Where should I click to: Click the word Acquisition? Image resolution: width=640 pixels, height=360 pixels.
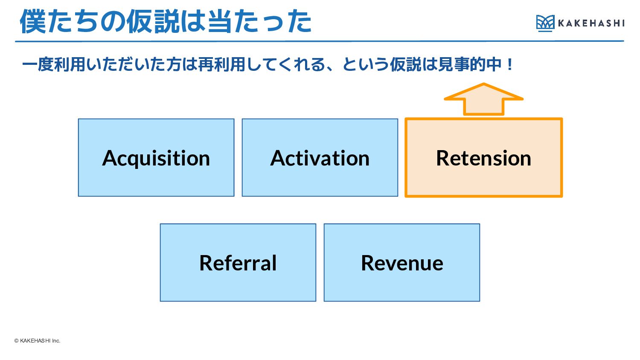[156, 159]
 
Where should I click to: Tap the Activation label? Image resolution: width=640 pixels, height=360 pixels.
[320, 158]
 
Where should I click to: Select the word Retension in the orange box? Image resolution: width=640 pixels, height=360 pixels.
[483, 158]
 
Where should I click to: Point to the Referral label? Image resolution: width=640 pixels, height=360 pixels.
[238, 263]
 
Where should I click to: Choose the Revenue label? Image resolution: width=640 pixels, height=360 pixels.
[402, 263]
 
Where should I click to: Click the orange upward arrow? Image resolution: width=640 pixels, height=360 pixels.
[483, 99]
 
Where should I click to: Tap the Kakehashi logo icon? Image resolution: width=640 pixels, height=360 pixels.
[545, 23]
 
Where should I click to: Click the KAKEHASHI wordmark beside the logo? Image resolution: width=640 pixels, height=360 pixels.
[591, 23]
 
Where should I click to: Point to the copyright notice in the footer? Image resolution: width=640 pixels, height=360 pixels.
[37, 340]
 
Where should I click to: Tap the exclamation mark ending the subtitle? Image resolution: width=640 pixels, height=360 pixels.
[509, 64]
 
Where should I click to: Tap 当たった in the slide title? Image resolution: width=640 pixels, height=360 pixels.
[260, 21]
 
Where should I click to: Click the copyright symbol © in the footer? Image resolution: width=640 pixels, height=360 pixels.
[16, 340]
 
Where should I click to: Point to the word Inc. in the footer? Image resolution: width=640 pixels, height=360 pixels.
[56, 340]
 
